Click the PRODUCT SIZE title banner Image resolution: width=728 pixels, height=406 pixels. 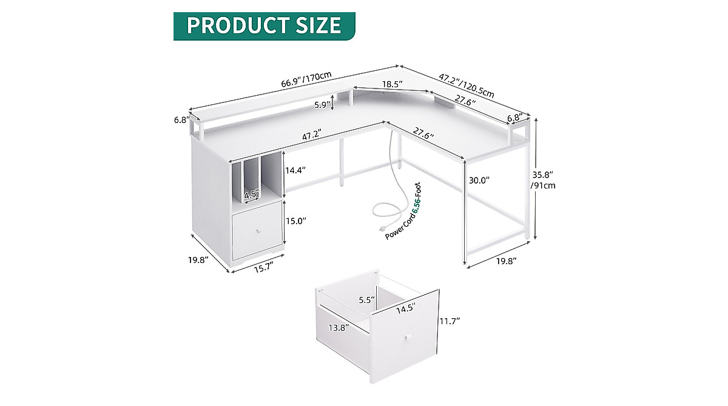point(264,25)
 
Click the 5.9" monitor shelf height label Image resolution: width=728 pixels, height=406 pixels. point(323,105)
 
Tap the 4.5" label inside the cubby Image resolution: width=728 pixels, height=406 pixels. point(251,195)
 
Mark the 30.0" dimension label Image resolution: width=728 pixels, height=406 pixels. point(479,180)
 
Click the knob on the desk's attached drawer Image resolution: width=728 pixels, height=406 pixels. point(257,232)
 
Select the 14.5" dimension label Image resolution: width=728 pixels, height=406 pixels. point(406,308)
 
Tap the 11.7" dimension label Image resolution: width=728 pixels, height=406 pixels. point(450,319)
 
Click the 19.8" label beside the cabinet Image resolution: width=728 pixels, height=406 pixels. point(198,259)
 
